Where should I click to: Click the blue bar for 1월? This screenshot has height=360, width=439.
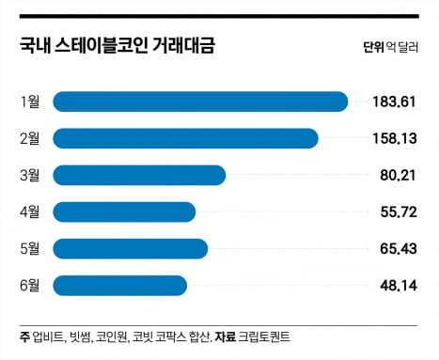tap(200, 102)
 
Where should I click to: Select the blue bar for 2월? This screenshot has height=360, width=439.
tap(185, 138)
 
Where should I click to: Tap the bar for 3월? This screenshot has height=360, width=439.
tap(139, 175)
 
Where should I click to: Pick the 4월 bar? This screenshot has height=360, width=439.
tap(124, 211)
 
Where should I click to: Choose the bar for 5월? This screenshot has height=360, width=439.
tap(130, 248)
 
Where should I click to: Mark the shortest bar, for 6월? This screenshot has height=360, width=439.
tap(120, 285)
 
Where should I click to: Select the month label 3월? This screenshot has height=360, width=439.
tap(29, 175)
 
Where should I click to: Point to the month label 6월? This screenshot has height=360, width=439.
tap(29, 285)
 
